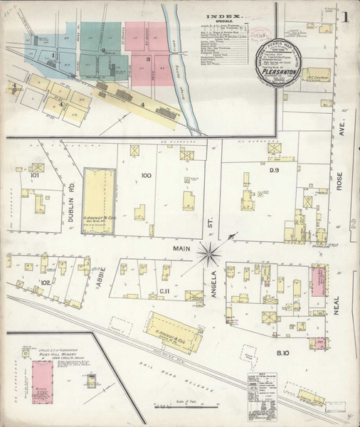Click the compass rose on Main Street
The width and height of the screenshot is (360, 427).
(210, 251)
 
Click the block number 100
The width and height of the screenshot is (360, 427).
(147, 175)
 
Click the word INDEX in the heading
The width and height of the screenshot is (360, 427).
(224, 15)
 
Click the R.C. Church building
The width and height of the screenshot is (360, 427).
(317, 73)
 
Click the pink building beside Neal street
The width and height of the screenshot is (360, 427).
(318, 281)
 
